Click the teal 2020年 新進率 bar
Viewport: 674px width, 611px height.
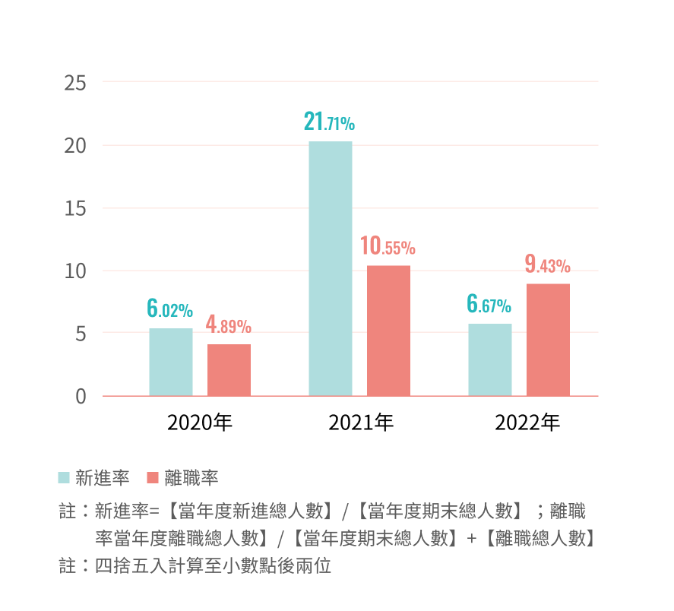[x=171, y=362]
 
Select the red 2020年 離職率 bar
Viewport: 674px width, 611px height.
[x=229, y=370]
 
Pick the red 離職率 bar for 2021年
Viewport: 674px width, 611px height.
[x=388, y=331]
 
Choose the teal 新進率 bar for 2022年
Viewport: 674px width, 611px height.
[x=490, y=359]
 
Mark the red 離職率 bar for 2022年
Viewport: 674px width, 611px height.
[x=548, y=340]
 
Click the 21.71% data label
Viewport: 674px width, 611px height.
[x=329, y=122]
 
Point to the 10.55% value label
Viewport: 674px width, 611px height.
[x=388, y=247]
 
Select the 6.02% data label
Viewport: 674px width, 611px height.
[x=169, y=309]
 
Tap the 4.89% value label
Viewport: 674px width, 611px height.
[x=228, y=326]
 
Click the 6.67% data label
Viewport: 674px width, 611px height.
[x=489, y=305]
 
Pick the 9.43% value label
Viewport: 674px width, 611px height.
[x=547, y=265]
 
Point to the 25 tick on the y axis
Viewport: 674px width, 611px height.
[x=75, y=83]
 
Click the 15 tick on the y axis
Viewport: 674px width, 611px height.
[x=75, y=208]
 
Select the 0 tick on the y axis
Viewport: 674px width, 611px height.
[x=81, y=396]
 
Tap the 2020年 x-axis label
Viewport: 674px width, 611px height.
[x=200, y=423]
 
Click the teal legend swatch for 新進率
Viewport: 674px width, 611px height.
[x=64, y=478]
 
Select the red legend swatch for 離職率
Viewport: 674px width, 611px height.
[x=152, y=478]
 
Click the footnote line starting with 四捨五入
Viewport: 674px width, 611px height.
[x=213, y=566]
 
